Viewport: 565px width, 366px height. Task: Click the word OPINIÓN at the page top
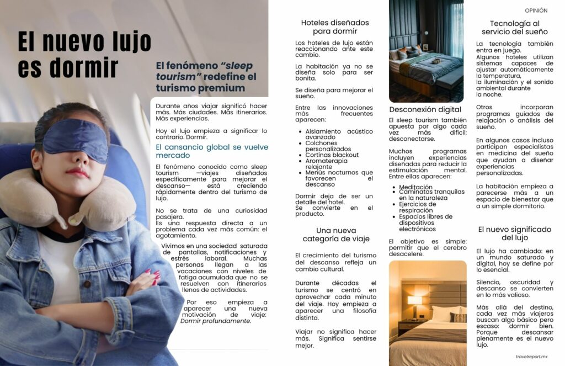coord(536,10)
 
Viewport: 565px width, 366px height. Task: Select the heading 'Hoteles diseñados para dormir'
coord(335,26)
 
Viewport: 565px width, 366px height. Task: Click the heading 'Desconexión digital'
coord(425,109)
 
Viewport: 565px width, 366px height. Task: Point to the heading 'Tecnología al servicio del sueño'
coord(514,28)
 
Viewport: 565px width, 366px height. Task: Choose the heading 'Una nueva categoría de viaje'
coord(336,235)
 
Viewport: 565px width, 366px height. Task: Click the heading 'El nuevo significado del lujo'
coord(514,233)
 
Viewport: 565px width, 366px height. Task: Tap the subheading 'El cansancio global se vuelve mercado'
coord(212,151)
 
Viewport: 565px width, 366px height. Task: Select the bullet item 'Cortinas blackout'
coord(332,155)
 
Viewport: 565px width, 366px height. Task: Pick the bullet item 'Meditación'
coord(415,187)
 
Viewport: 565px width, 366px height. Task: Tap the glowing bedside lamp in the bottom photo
coord(414,301)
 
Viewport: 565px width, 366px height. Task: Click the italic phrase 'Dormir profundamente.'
coord(216,321)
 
